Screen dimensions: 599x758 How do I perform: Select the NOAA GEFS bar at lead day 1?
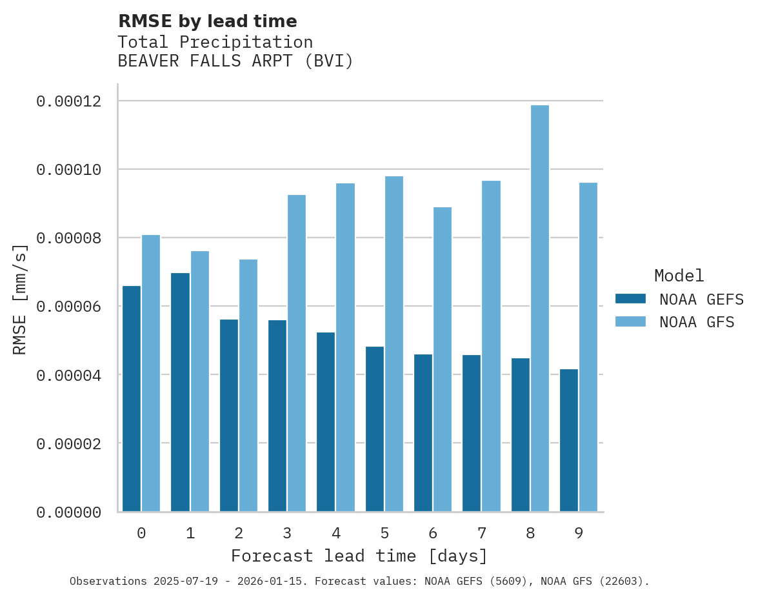tap(181, 392)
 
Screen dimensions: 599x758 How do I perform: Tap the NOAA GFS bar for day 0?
tap(151, 373)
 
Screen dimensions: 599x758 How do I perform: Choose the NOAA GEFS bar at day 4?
tap(326, 422)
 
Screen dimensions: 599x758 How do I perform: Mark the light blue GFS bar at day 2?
tap(248, 385)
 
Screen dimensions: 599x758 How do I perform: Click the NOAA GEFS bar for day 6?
tap(423, 433)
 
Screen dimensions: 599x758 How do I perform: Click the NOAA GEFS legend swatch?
tap(631, 298)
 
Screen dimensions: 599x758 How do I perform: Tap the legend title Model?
tap(679, 276)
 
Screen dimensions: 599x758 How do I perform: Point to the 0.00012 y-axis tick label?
tap(69, 101)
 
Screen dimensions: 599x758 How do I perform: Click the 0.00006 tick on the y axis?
tap(69, 307)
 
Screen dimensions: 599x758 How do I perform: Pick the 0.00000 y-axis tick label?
tap(69, 513)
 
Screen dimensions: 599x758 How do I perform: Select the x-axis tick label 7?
tap(481, 533)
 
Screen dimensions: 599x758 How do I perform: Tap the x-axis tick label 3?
tap(287, 533)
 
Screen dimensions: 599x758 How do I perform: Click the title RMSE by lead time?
tap(208, 21)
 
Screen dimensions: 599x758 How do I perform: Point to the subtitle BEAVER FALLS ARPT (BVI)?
tap(235, 61)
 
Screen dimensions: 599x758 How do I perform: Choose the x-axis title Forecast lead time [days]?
tap(359, 556)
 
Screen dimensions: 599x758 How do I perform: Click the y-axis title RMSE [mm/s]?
tap(21, 299)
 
